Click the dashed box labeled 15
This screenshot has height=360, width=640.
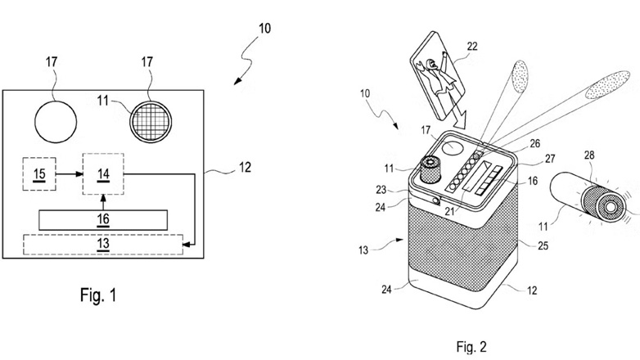(39, 174)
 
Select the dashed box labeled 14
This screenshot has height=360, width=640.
(103, 174)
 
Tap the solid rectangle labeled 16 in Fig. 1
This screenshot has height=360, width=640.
(103, 220)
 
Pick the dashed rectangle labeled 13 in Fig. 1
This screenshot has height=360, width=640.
(103, 244)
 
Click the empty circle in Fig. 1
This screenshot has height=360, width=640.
(56, 122)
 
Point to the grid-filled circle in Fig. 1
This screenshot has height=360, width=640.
(151, 122)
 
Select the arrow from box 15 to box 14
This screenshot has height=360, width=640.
(70, 174)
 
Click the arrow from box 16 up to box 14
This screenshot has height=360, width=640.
(103, 202)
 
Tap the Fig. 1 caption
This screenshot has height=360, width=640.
(98, 295)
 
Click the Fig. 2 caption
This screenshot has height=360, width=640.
(471, 347)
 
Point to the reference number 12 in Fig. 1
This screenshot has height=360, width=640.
(245, 167)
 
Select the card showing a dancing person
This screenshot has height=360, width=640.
(439, 76)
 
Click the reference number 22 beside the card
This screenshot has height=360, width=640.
(472, 46)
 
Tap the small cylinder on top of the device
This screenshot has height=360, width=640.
(432, 169)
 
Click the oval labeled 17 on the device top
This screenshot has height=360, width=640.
(453, 147)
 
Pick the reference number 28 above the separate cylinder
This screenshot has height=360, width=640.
(589, 155)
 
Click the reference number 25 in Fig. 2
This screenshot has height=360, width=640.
(543, 245)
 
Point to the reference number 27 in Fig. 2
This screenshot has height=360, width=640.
(550, 159)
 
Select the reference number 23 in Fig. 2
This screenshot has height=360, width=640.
(381, 190)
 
